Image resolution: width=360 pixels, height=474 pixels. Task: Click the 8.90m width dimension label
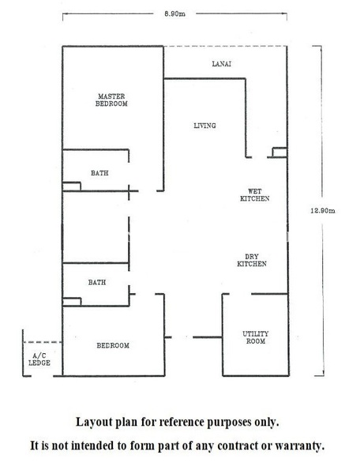point(174,14)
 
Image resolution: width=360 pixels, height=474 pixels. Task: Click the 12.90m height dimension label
point(323,211)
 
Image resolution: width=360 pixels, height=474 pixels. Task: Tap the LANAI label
point(222,64)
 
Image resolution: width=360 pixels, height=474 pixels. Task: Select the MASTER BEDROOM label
point(111,100)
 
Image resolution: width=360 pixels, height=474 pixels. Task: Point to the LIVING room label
point(204,126)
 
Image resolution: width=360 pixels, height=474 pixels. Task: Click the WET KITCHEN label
point(254,195)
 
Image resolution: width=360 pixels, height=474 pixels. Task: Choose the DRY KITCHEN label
point(252,260)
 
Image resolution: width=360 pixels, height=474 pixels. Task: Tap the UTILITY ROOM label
point(256,337)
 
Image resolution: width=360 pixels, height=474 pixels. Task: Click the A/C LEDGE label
point(39,359)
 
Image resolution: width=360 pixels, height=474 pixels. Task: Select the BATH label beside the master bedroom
point(99,173)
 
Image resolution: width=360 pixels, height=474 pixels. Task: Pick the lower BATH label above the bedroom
point(97,282)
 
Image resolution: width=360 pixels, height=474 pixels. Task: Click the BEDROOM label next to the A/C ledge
point(113,345)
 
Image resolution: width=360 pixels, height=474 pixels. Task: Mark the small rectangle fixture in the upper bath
point(72,186)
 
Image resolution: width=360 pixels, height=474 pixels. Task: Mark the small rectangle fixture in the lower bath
point(72,302)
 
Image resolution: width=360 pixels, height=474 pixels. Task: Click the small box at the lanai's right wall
point(279,152)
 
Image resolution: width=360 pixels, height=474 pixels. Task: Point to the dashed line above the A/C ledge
point(43,342)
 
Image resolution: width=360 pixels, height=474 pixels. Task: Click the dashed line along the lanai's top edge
point(225,47)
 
